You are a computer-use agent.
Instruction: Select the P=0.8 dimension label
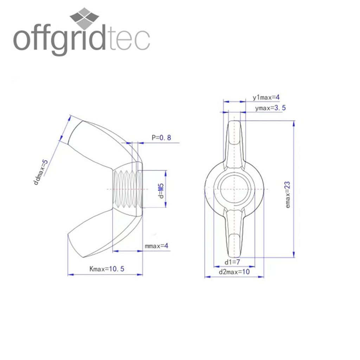[x=161, y=137]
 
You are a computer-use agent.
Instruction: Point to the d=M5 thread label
[x=161, y=191]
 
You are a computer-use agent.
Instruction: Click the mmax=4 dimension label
[x=156, y=246]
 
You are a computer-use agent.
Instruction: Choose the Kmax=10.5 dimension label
[x=107, y=269]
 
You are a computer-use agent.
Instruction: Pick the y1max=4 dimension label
[x=266, y=97]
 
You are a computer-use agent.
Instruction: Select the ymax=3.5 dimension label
[x=270, y=108]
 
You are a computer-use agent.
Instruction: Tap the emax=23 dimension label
[x=288, y=195]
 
